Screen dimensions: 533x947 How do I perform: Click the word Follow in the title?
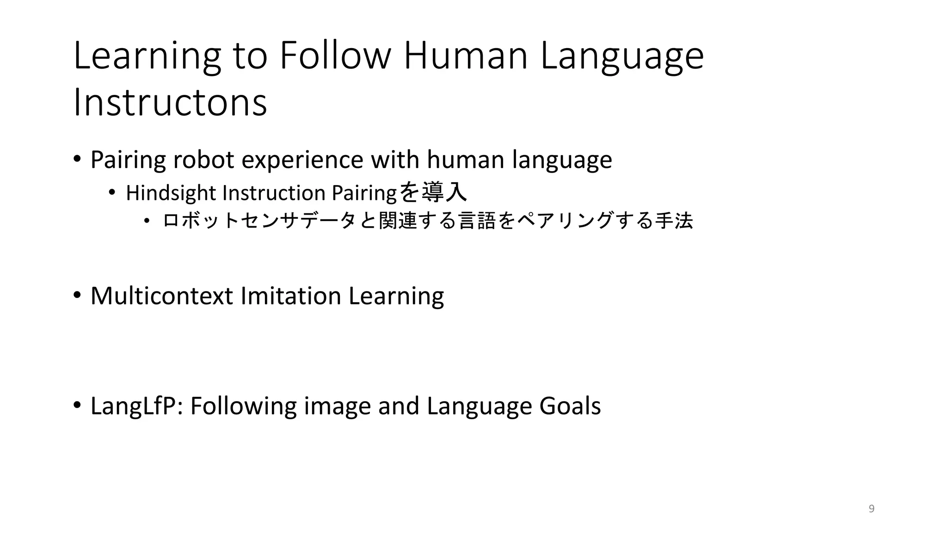click(x=335, y=56)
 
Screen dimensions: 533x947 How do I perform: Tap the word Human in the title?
click(x=465, y=56)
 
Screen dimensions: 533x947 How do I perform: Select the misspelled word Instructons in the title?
click(x=170, y=102)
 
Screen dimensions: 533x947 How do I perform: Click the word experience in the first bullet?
click(x=302, y=161)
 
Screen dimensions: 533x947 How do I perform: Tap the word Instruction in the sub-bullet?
click(x=274, y=193)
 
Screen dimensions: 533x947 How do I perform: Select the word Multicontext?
click(x=161, y=296)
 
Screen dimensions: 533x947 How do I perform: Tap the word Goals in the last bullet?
click(x=570, y=406)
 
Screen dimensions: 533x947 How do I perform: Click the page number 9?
click(x=872, y=509)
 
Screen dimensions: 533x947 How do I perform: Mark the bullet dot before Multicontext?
click(x=77, y=295)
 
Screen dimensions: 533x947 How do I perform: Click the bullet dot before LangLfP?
click(x=77, y=405)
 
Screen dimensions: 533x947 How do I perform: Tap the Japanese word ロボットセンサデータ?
click(x=259, y=221)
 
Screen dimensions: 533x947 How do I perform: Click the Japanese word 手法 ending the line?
click(x=674, y=221)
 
